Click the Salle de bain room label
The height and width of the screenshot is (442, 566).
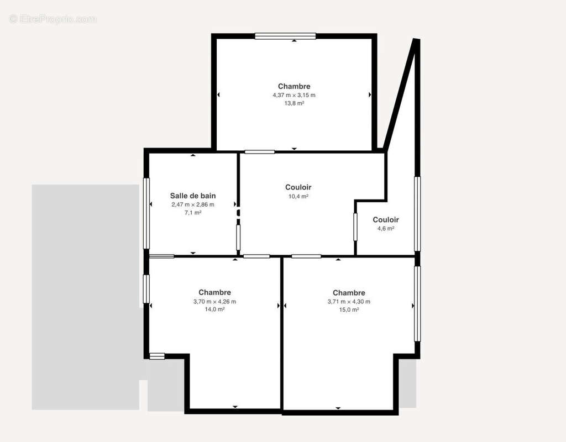193,196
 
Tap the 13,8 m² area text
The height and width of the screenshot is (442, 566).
294,103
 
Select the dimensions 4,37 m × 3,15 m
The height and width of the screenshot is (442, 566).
294,95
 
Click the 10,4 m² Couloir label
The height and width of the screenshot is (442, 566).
298,187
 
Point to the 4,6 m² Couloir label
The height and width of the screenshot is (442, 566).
385,220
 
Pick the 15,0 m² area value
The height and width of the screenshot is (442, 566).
349,309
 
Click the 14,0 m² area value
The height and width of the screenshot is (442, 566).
215,309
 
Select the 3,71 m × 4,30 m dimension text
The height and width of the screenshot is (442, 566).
349,302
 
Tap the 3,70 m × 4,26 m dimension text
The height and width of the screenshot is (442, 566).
215,301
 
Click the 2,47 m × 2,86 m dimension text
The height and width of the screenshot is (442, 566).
193,204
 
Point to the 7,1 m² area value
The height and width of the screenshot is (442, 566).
193,213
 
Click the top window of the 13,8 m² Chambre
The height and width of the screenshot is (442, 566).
285,36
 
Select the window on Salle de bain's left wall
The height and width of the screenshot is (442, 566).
146,213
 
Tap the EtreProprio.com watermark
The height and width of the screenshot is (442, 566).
53,19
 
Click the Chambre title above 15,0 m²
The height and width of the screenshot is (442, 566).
349,293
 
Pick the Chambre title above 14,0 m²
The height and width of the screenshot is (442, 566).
215,292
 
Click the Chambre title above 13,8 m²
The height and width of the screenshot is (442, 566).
294,86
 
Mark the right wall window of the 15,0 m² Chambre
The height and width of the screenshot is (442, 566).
417,303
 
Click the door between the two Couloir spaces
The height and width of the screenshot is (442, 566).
355,227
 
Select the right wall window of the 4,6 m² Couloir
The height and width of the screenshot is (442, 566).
417,214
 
